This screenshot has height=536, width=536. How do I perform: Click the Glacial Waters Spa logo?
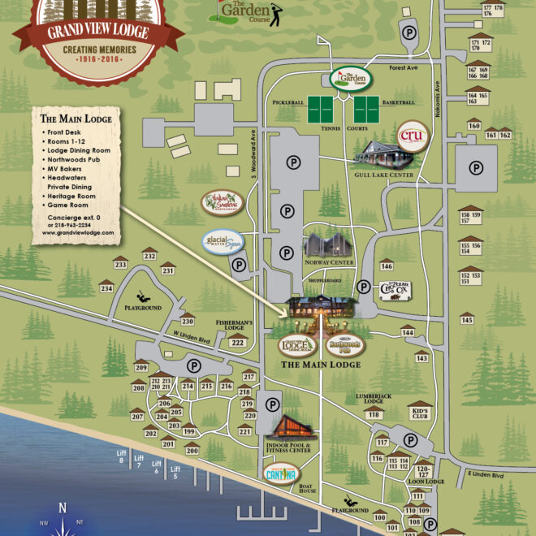(222, 243)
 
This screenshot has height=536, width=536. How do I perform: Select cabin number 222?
(238, 343)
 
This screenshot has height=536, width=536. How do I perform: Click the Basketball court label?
(399, 103)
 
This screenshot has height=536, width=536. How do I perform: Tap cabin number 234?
(106, 288)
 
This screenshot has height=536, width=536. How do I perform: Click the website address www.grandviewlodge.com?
(77, 231)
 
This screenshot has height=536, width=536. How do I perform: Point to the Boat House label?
(307, 491)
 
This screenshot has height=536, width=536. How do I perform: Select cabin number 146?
(387, 266)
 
